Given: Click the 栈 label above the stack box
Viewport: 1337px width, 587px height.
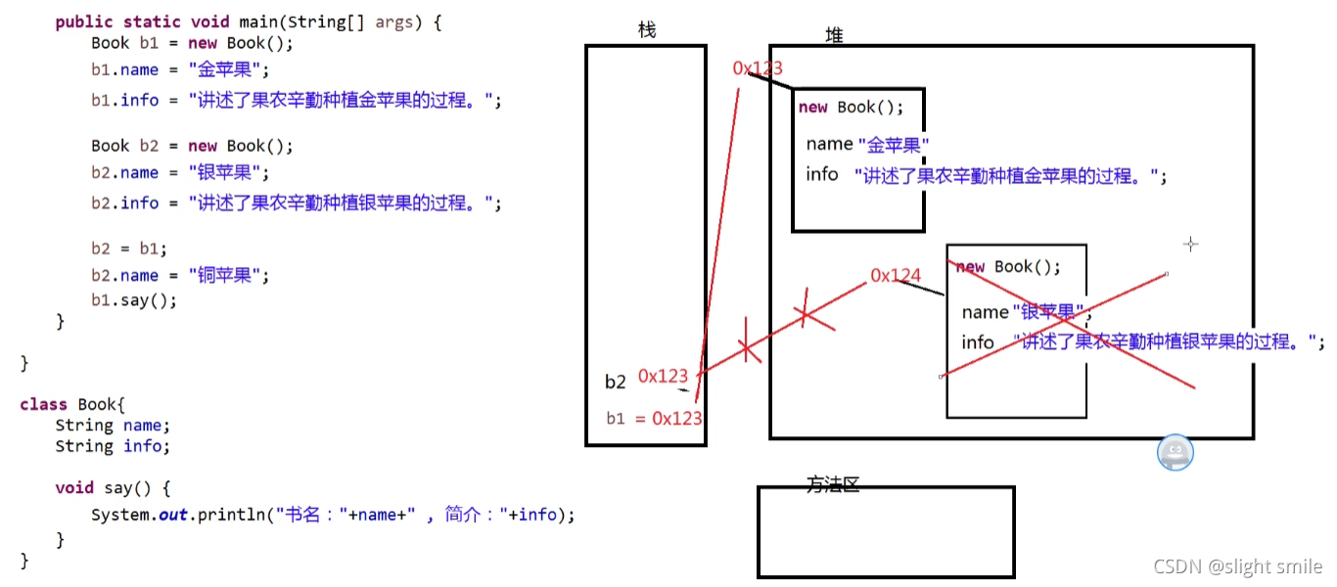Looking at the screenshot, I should tap(646, 30).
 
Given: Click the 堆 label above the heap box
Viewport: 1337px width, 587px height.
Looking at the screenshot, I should tap(834, 35).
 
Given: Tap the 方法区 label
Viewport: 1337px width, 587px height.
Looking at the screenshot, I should tap(833, 484).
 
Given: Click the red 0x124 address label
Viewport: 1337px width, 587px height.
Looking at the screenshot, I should tap(896, 276).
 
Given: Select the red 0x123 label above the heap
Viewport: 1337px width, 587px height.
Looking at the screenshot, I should tap(758, 68).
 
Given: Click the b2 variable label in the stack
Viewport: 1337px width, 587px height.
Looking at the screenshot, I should tap(615, 382).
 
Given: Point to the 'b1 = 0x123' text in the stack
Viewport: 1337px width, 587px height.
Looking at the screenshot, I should tap(654, 419).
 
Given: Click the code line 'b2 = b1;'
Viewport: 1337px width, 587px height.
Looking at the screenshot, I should tap(129, 248).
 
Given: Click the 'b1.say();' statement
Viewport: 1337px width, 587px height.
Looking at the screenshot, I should tap(134, 300).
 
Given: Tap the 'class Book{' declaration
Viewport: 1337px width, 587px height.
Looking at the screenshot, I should tap(72, 404).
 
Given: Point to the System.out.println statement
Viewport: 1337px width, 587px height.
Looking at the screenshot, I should tap(333, 514).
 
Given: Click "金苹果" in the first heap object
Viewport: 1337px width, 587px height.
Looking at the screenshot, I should tap(894, 145).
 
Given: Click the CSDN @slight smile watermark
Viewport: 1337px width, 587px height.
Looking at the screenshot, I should tap(1237, 566).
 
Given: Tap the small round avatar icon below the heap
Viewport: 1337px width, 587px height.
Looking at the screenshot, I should tap(1175, 453).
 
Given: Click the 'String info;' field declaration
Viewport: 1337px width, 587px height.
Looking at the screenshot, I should tap(113, 446).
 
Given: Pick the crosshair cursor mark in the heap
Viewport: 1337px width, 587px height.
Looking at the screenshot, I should tap(1190, 244).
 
